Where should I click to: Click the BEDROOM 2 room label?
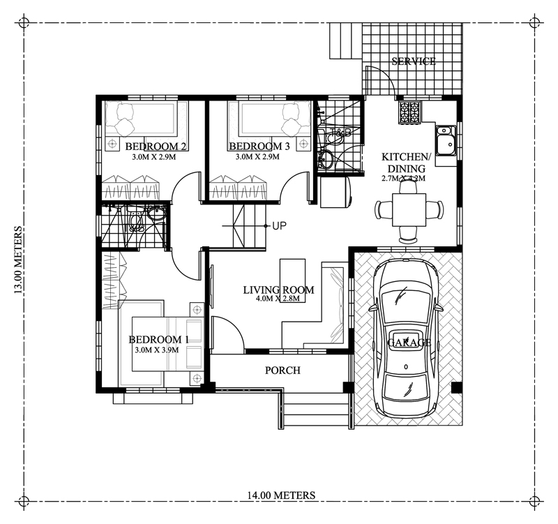pyautogui.click(x=155, y=147)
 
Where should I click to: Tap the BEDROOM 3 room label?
pyautogui.click(x=259, y=147)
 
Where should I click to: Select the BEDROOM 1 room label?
pyautogui.click(x=159, y=340)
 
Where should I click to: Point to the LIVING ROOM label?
pyautogui.click(x=278, y=290)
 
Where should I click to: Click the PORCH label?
pyautogui.click(x=282, y=370)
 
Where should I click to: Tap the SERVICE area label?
pyautogui.click(x=414, y=61)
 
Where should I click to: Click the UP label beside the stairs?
pyautogui.click(x=280, y=225)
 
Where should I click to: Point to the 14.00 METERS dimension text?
pyautogui.click(x=280, y=495)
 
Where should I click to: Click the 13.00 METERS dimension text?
pyautogui.click(x=19, y=262)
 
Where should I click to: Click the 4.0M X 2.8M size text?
pyautogui.click(x=277, y=300)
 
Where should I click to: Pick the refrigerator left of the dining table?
pyautogui.click(x=334, y=192)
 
